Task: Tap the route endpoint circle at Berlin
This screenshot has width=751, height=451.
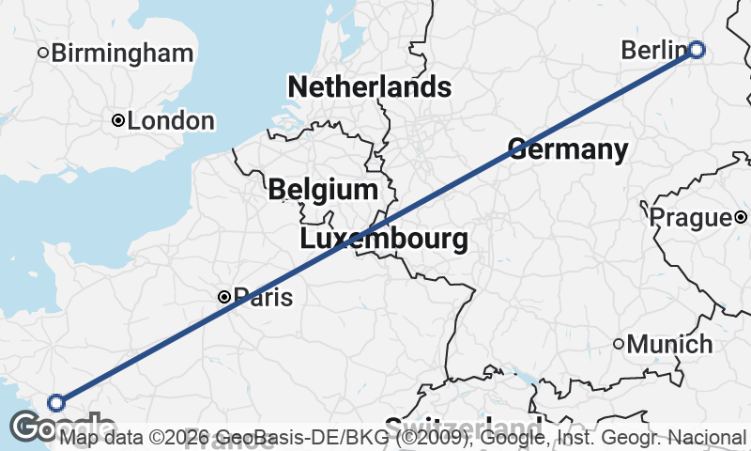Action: (697, 50)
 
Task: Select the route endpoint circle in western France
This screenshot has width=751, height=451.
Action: (56, 403)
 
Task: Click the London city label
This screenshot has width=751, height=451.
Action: (171, 121)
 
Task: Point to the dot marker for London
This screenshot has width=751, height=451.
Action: (118, 121)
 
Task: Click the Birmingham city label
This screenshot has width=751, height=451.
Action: (122, 53)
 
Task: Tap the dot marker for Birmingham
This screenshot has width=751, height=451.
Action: (42, 53)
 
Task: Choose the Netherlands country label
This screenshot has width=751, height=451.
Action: (369, 87)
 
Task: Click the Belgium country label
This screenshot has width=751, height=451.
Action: (323, 190)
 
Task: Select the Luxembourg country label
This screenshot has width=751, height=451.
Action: (384, 239)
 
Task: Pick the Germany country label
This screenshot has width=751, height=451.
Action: (568, 148)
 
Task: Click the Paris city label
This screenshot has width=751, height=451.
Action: (263, 298)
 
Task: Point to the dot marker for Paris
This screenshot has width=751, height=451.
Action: (224, 297)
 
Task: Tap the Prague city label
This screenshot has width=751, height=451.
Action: (690, 218)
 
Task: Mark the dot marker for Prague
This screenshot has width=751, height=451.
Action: (741, 218)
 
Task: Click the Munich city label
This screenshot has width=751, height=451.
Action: (669, 345)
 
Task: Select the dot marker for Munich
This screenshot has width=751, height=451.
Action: (619, 345)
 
